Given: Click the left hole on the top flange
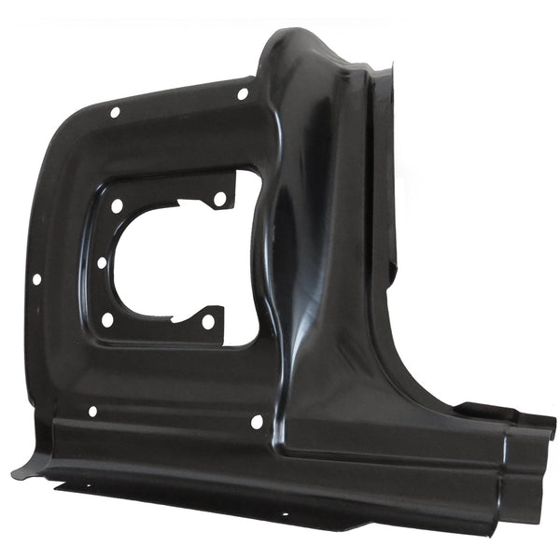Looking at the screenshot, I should [x=116, y=112].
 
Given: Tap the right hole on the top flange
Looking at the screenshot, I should [x=243, y=93].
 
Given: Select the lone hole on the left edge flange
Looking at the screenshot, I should [x=36, y=278].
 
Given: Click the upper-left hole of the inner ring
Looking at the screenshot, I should [x=117, y=206].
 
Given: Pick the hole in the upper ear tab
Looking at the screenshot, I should [x=219, y=199].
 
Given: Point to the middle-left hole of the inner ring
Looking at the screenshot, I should [x=103, y=262].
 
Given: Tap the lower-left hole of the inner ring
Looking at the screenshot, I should [x=107, y=319].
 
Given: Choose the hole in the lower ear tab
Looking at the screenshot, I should [x=208, y=322].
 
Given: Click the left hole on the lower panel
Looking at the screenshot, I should [x=92, y=411].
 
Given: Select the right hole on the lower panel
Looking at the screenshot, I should [x=257, y=422].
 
